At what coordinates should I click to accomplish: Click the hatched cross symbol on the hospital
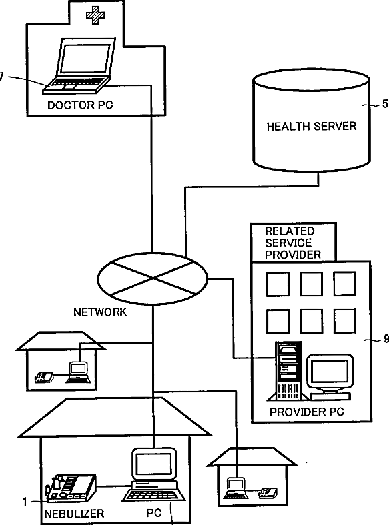pyautogui.click(x=95, y=15)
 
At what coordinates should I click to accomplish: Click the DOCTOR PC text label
pyautogui.click(x=80, y=105)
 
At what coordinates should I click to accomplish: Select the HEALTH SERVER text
pyautogui.click(x=312, y=126)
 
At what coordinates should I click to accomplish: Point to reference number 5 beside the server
pyautogui.click(x=385, y=104)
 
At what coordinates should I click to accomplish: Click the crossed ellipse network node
pyautogui.click(x=153, y=279)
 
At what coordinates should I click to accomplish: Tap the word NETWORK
pyautogui.click(x=100, y=312)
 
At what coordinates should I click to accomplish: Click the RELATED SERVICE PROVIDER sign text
pyautogui.click(x=293, y=243)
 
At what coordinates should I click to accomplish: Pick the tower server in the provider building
pyautogui.click(x=288, y=371)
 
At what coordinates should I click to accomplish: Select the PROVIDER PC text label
pyautogui.click(x=307, y=412)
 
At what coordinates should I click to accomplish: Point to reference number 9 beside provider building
pyautogui.click(x=386, y=339)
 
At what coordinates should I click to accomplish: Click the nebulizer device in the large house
pyautogui.click(x=71, y=488)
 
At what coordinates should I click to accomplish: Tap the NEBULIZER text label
pyautogui.click(x=74, y=514)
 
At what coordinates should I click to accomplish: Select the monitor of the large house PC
pyautogui.click(x=154, y=466)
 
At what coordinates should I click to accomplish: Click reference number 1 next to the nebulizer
pyautogui.click(x=25, y=502)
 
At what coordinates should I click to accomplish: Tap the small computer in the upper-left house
pyautogui.click(x=78, y=372)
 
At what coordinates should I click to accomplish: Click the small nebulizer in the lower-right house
pyautogui.click(x=268, y=492)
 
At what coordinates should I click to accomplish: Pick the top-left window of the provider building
pyautogui.click(x=278, y=284)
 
